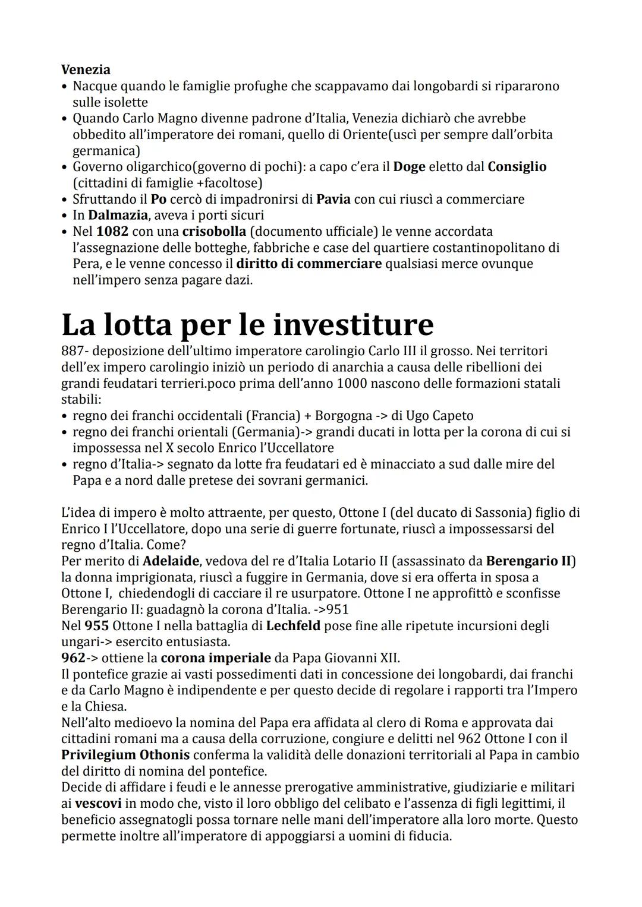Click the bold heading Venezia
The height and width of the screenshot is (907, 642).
[x=86, y=70]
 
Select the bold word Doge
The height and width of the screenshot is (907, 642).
[x=409, y=167]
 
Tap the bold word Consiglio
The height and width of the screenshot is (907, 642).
[x=517, y=167]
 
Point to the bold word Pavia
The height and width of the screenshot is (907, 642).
[x=333, y=199]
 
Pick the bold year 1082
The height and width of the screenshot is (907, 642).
[x=112, y=231]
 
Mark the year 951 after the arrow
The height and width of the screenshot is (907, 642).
[x=338, y=609]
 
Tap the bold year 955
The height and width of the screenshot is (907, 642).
[x=96, y=625]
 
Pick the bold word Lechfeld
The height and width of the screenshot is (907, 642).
[x=293, y=625]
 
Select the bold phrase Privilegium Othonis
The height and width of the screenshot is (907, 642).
[x=125, y=755]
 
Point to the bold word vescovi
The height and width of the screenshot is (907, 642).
[x=98, y=804]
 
